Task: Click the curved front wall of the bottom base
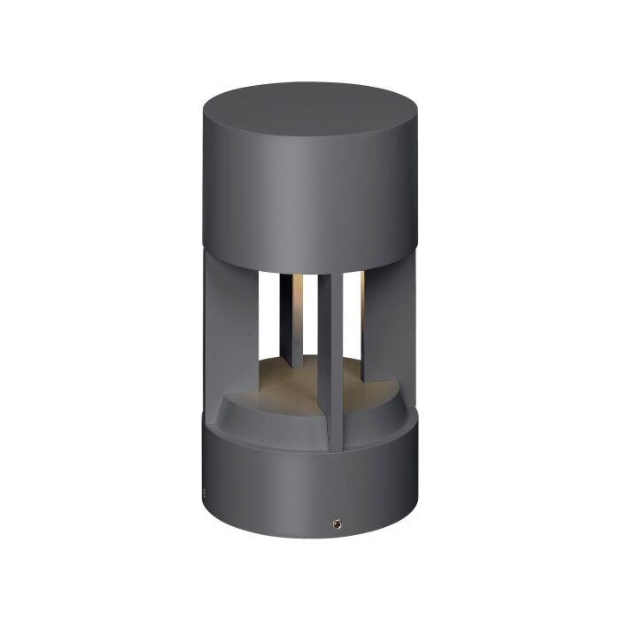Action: (292, 496)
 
